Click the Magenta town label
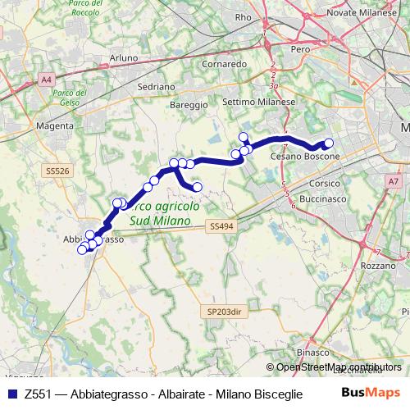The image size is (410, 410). pos(55,126)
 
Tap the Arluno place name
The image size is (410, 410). pos(124,57)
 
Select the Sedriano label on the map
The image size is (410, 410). pos(157,86)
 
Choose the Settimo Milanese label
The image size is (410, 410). pos(258,101)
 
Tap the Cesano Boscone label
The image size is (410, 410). pos(305,156)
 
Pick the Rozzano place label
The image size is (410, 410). pos(378,266)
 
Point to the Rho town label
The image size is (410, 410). pos(244,16)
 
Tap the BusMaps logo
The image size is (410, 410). pos(371,393)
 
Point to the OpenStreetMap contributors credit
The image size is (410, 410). pos(339,367)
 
